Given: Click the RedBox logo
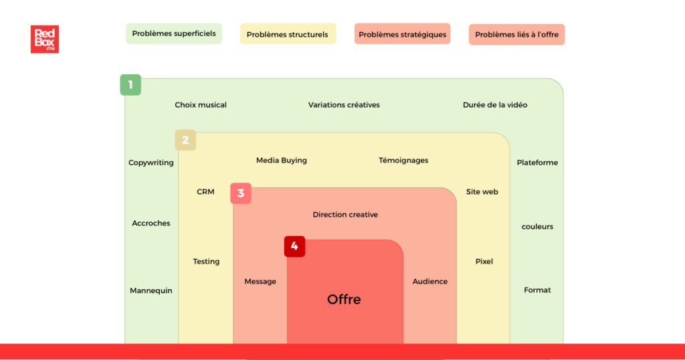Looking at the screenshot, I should coord(44,39).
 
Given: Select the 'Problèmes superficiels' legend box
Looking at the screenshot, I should coord(173,33).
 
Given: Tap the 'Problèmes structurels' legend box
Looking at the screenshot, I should coord(288,34).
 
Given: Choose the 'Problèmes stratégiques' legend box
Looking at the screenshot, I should coord(402,34).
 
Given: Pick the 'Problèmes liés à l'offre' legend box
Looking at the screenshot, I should coord(516,34).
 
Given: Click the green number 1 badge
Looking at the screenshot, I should coord(130,85).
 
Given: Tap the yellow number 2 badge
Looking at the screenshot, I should coord(185,140).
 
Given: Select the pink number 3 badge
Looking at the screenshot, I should coord(241,193).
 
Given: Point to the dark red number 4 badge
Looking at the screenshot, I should coord(294,246).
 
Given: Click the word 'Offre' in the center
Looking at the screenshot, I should coord(344,299).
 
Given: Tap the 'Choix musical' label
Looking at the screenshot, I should coord(201,105).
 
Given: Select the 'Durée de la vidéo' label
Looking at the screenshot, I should coord(495,105).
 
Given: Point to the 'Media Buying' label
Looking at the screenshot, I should coord(282,161).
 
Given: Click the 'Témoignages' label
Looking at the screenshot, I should coord(403,161).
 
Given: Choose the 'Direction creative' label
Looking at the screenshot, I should coord(345,215).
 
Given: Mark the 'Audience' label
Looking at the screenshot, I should coord(429,282).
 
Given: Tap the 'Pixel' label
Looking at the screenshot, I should coord(484,262).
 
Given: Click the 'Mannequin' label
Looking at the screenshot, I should coord(151,290).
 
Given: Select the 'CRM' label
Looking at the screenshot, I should coord(205,192).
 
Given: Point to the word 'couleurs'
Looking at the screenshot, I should coord(537,227).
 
